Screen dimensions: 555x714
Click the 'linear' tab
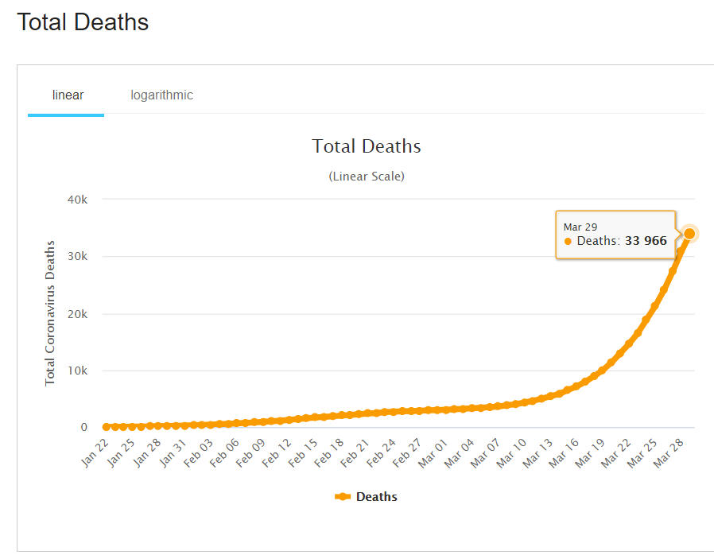pyautogui.click(x=68, y=95)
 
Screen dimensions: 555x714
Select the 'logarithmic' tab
pyautogui.click(x=161, y=95)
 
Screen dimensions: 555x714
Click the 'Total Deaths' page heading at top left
pyautogui.click(x=83, y=22)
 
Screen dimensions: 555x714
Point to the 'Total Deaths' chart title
pyautogui.click(x=366, y=146)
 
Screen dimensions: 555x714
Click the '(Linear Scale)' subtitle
pyautogui.click(x=366, y=177)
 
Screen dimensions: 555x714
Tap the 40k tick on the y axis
pyautogui.click(x=78, y=200)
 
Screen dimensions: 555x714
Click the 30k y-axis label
pyautogui.click(x=78, y=257)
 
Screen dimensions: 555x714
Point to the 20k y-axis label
pyautogui.click(x=78, y=314)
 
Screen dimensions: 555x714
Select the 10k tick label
pyautogui.click(x=78, y=371)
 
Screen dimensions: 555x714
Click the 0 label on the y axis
pyautogui.click(x=83, y=428)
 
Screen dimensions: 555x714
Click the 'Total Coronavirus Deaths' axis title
pyautogui.click(x=50, y=312)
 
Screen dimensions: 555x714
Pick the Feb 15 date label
pyautogui.click(x=303, y=451)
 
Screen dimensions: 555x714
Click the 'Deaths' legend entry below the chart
pyautogui.click(x=367, y=497)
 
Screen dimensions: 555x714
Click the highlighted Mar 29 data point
pyautogui.click(x=689, y=234)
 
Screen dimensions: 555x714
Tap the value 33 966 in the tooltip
pyautogui.click(x=646, y=241)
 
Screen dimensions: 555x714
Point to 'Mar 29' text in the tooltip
pyautogui.click(x=580, y=227)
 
